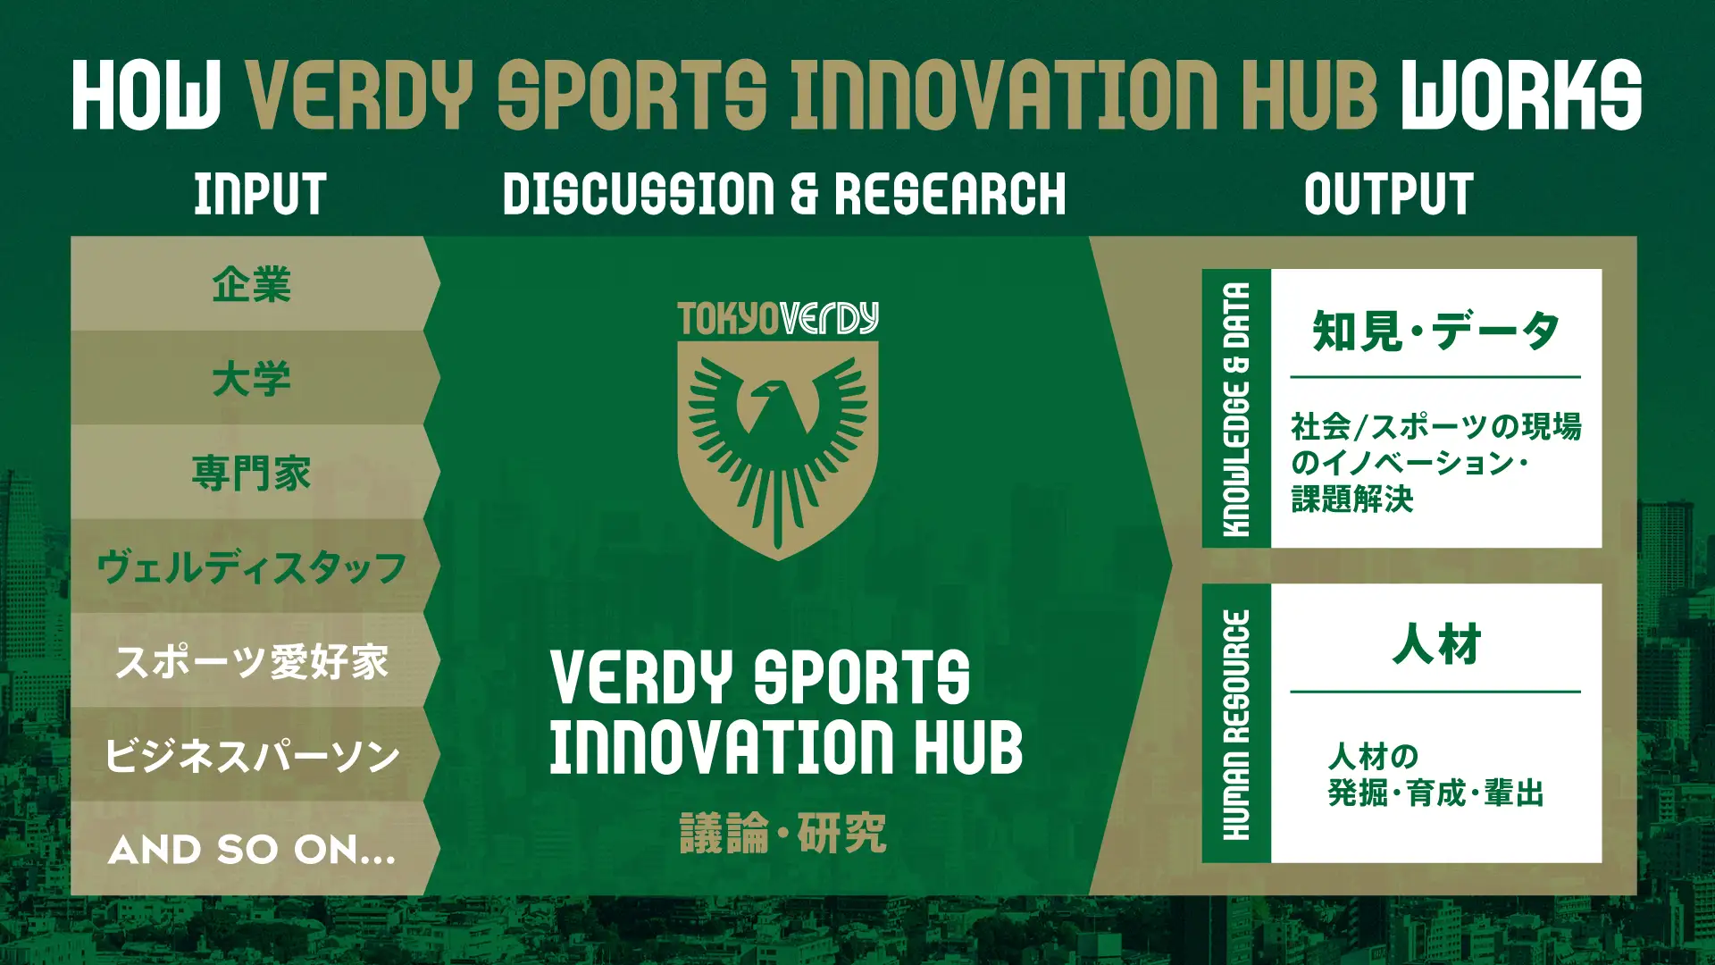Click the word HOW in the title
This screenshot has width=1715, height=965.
click(x=146, y=95)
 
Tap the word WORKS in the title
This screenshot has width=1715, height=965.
click(x=1521, y=95)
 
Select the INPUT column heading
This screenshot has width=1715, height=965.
click(x=260, y=194)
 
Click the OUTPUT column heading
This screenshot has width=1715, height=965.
click(x=1388, y=194)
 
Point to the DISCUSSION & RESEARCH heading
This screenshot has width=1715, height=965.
click(x=784, y=194)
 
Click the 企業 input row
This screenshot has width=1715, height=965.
click(x=252, y=284)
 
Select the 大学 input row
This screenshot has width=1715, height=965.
click(x=252, y=378)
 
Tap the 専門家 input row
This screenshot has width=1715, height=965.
click(x=252, y=473)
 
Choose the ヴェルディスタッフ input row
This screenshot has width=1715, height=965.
click(x=252, y=567)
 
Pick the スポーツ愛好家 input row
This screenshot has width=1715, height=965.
click(x=252, y=661)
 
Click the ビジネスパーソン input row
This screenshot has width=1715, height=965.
click(x=252, y=756)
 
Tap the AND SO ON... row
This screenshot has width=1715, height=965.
click(x=252, y=849)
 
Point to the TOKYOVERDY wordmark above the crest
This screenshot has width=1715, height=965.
click(x=778, y=318)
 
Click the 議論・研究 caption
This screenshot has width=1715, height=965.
click(x=783, y=833)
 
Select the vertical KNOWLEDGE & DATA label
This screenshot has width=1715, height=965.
click(x=1236, y=409)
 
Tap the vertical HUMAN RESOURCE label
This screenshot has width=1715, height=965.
click(x=1236, y=725)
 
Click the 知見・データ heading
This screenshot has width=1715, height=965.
click(x=1435, y=331)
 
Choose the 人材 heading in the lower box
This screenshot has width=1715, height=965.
click(x=1436, y=644)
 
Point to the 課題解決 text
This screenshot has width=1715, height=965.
click(x=1352, y=499)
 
